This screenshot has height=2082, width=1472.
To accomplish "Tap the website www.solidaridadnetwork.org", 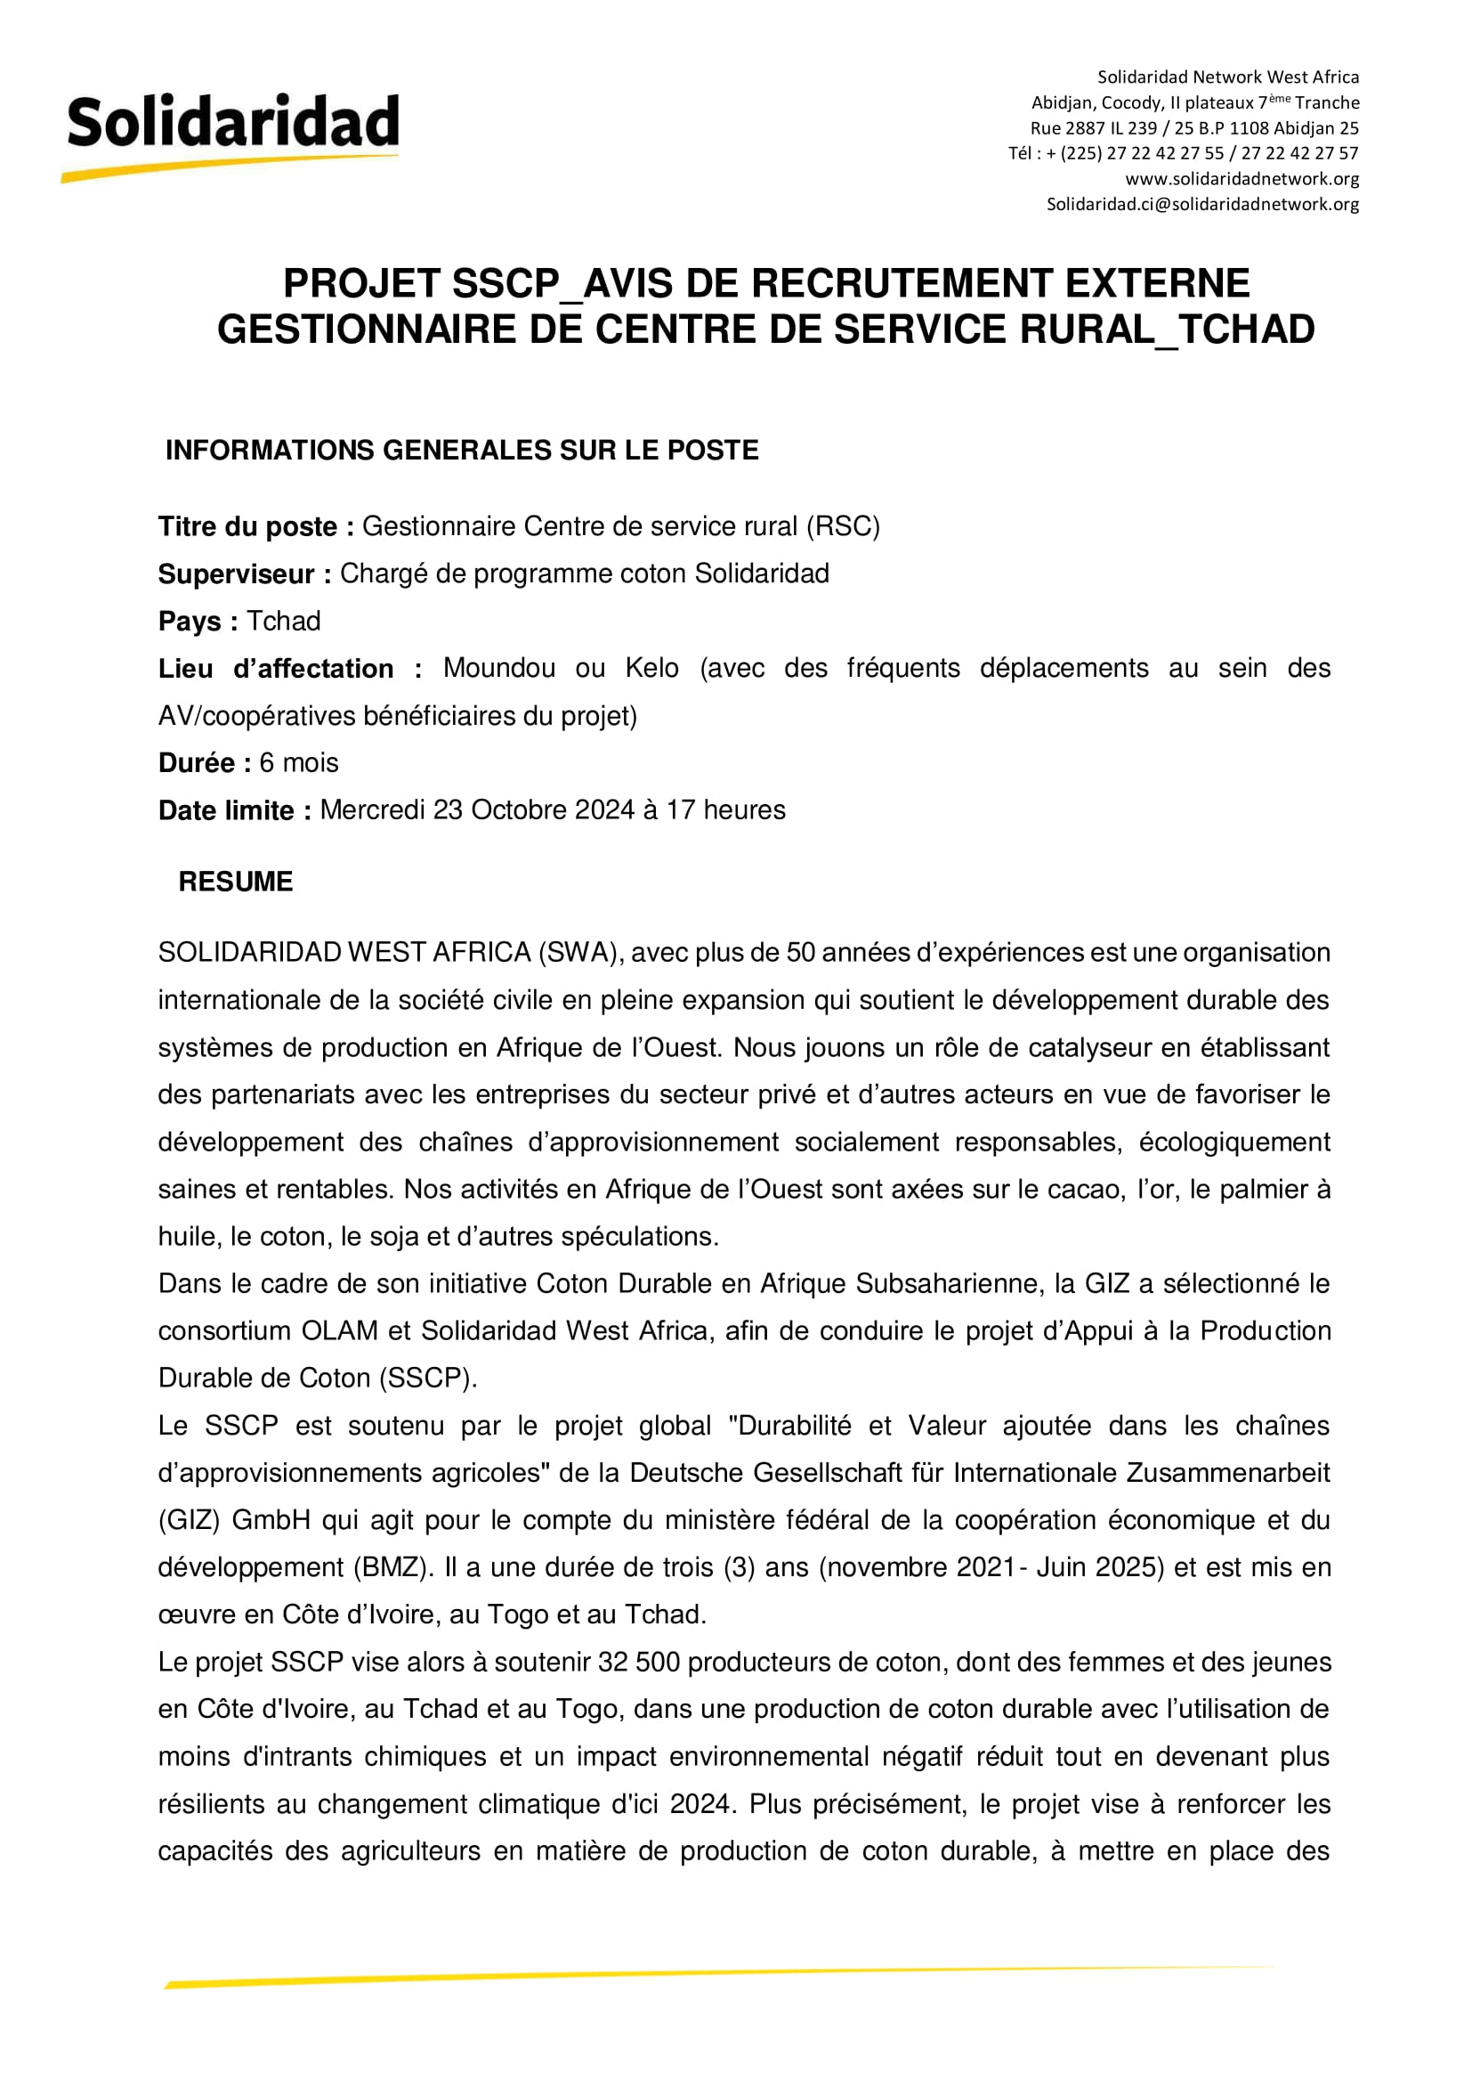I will click(x=1241, y=179).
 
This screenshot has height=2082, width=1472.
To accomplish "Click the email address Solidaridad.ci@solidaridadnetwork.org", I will click(x=1203, y=204).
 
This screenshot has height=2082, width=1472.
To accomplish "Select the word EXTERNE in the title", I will click(x=1158, y=284).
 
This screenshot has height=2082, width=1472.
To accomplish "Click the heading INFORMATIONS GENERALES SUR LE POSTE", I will click(x=461, y=451).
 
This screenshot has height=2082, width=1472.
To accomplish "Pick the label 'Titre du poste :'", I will click(x=255, y=527).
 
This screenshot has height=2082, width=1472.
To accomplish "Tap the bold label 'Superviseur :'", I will click(x=245, y=574).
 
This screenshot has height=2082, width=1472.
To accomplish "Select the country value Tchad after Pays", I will click(x=284, y=622).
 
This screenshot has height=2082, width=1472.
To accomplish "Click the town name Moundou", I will click(x=498, y=668).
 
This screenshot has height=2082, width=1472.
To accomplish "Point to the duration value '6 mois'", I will click(x=298, y=762).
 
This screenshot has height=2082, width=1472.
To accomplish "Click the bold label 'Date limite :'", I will click(x=235, y=809).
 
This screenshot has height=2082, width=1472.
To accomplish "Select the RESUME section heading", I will click(x=236, y=882).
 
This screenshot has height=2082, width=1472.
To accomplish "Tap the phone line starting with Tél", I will click(x=1183, y=153).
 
